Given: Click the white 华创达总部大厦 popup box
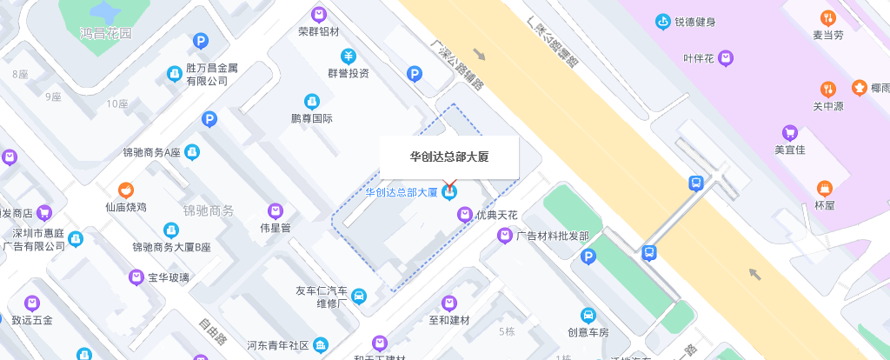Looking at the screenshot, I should pos(448,157).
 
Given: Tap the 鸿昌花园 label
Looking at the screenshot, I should pos(105,34).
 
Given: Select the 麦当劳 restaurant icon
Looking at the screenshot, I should pos(827,17).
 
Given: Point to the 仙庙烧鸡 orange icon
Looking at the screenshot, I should pos(127,190).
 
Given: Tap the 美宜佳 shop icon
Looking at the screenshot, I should pos(790,132).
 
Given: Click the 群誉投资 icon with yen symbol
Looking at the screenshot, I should pos(348,57).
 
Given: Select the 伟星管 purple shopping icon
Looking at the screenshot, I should pos(276,210).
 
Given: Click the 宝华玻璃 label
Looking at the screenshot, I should pos(169,278).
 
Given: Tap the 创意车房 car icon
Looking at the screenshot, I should pos(588,315).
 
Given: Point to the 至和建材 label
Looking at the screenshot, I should pos(448,320).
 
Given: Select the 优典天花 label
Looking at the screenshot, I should pos(496,215).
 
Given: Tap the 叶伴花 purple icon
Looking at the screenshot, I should pos(726,58).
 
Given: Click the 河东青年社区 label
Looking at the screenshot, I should pos(278,345).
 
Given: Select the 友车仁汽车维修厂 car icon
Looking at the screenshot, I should pos(358,297).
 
